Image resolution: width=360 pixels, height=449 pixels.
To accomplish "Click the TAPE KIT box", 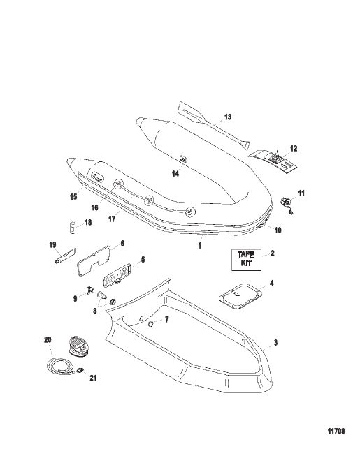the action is click(246, 260).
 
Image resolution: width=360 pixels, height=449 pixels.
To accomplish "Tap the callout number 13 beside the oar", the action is click(228, 117).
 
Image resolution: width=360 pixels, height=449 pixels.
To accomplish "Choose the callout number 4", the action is click(271, 284).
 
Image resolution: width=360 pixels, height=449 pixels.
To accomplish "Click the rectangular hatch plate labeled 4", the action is click(240, 297).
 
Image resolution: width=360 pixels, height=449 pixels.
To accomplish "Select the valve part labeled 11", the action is click(287, 203).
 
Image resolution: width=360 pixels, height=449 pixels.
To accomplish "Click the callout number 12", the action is click(294, 148).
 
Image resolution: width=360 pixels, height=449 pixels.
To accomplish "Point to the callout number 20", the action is click(48, 339).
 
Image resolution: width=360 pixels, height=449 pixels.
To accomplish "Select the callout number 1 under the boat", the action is click(200, 246).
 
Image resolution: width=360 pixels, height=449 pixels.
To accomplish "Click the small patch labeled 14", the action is click(182, 159).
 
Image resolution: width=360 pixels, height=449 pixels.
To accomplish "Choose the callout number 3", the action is click(275, 342).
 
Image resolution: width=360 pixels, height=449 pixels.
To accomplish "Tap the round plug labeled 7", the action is click(150, 324).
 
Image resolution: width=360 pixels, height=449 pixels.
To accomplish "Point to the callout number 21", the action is click(93, 378).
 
